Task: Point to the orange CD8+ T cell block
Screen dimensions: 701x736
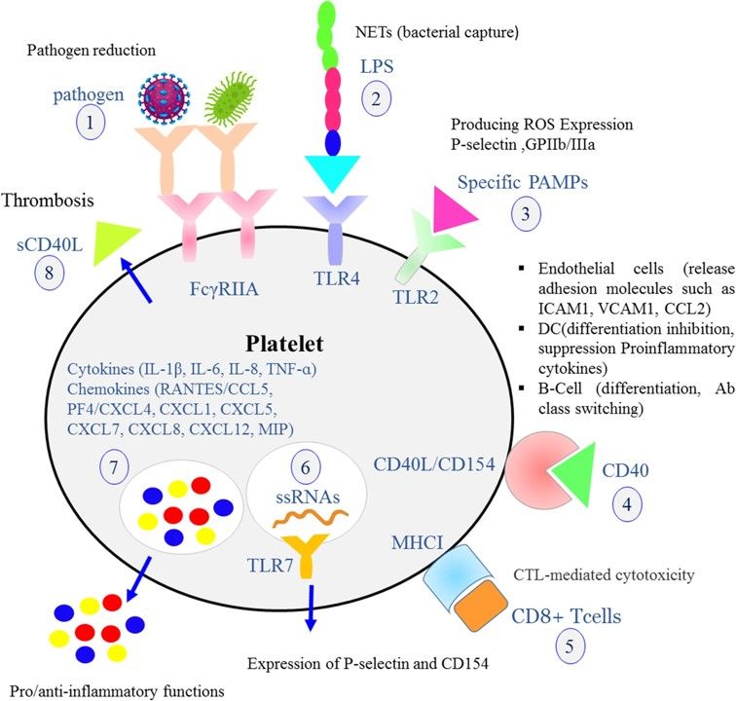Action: pos(484,600)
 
